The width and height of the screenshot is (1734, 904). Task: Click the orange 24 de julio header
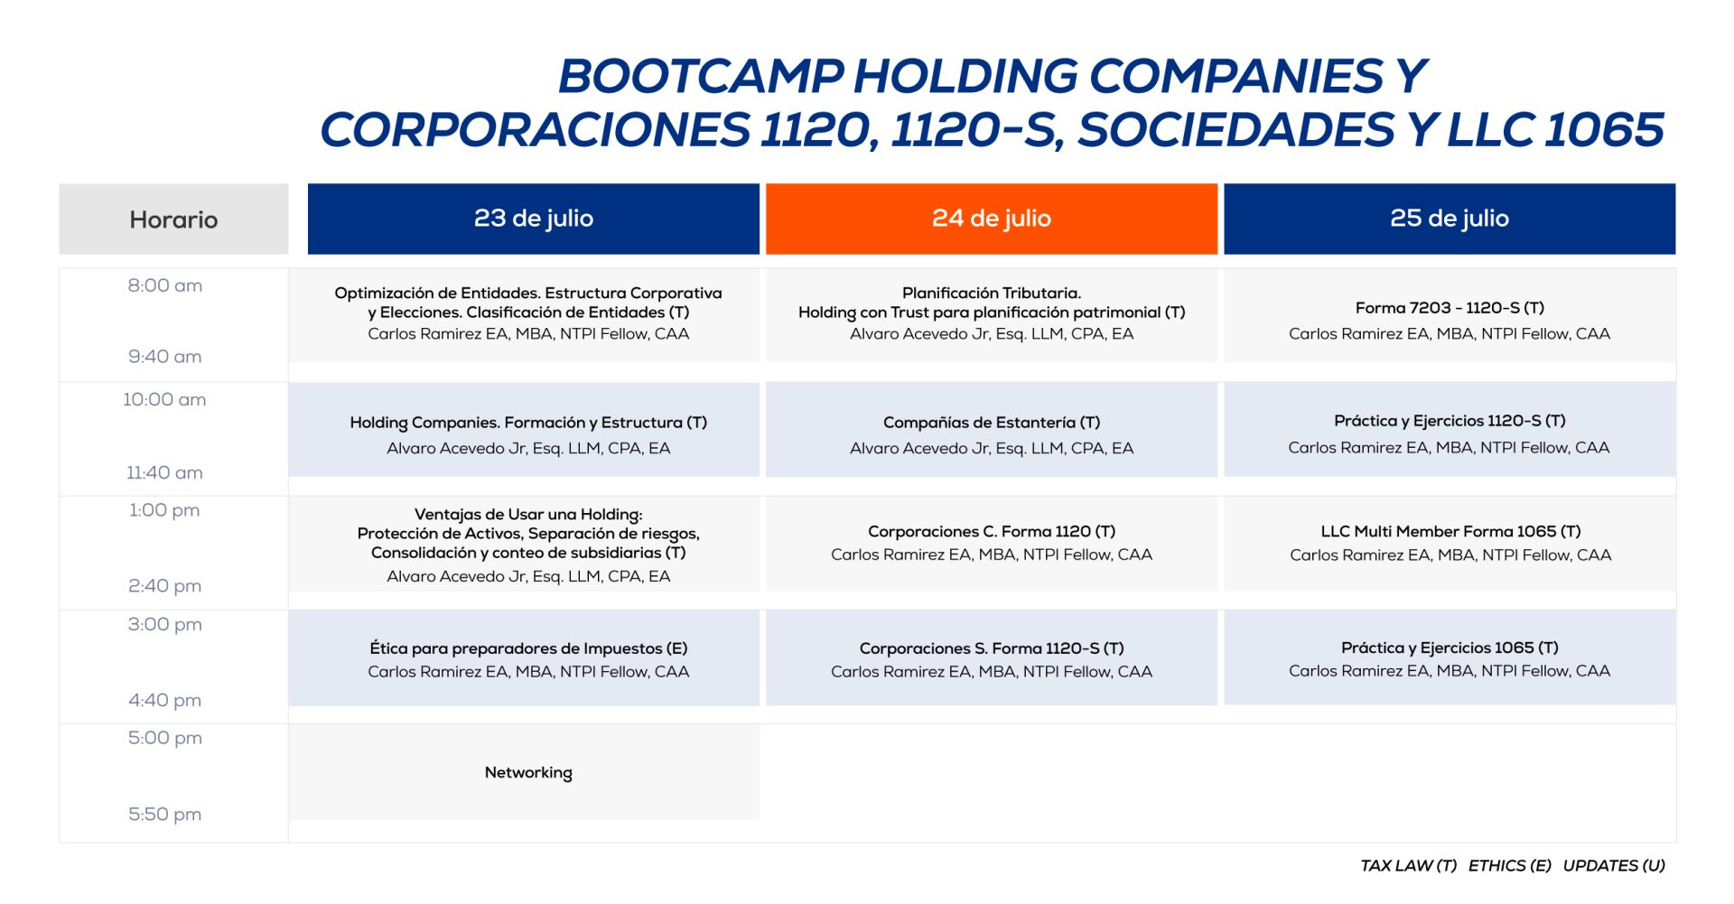[x=991, y=219]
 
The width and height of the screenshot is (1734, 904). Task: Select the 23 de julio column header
[x=533, y=219]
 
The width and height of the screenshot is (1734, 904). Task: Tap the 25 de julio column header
[x=1450, y=219]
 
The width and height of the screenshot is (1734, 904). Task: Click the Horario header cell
[x=173, y=219]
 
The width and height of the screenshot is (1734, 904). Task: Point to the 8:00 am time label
[x=165, y=286]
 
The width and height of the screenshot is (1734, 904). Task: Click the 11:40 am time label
[x=164, y=473]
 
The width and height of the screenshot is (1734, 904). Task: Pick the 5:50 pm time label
[x=164, y=815]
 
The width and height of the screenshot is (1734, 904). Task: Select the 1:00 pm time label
[x=164, y=510]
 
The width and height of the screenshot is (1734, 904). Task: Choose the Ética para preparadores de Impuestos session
[x=528, y=648]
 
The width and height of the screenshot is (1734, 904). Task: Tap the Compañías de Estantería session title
[x=992, y=423]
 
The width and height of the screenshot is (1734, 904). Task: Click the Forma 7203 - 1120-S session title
[x=1450, y=308]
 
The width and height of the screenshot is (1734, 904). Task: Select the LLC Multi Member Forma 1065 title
[x=1450, y=532]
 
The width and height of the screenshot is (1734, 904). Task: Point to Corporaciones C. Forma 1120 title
[x=992, y=532]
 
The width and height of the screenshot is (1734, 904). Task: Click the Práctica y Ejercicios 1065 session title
[x=1450, y=648]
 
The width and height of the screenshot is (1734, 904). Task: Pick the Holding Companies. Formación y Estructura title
[x=528, y=423]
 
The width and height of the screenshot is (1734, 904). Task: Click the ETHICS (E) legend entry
[x=1509, y=865]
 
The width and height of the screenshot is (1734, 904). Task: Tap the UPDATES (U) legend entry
[x=1614, y=865]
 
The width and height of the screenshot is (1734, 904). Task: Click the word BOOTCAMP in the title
[x=701, y=77]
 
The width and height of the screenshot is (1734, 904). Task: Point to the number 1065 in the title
[x=1604, y=130]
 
